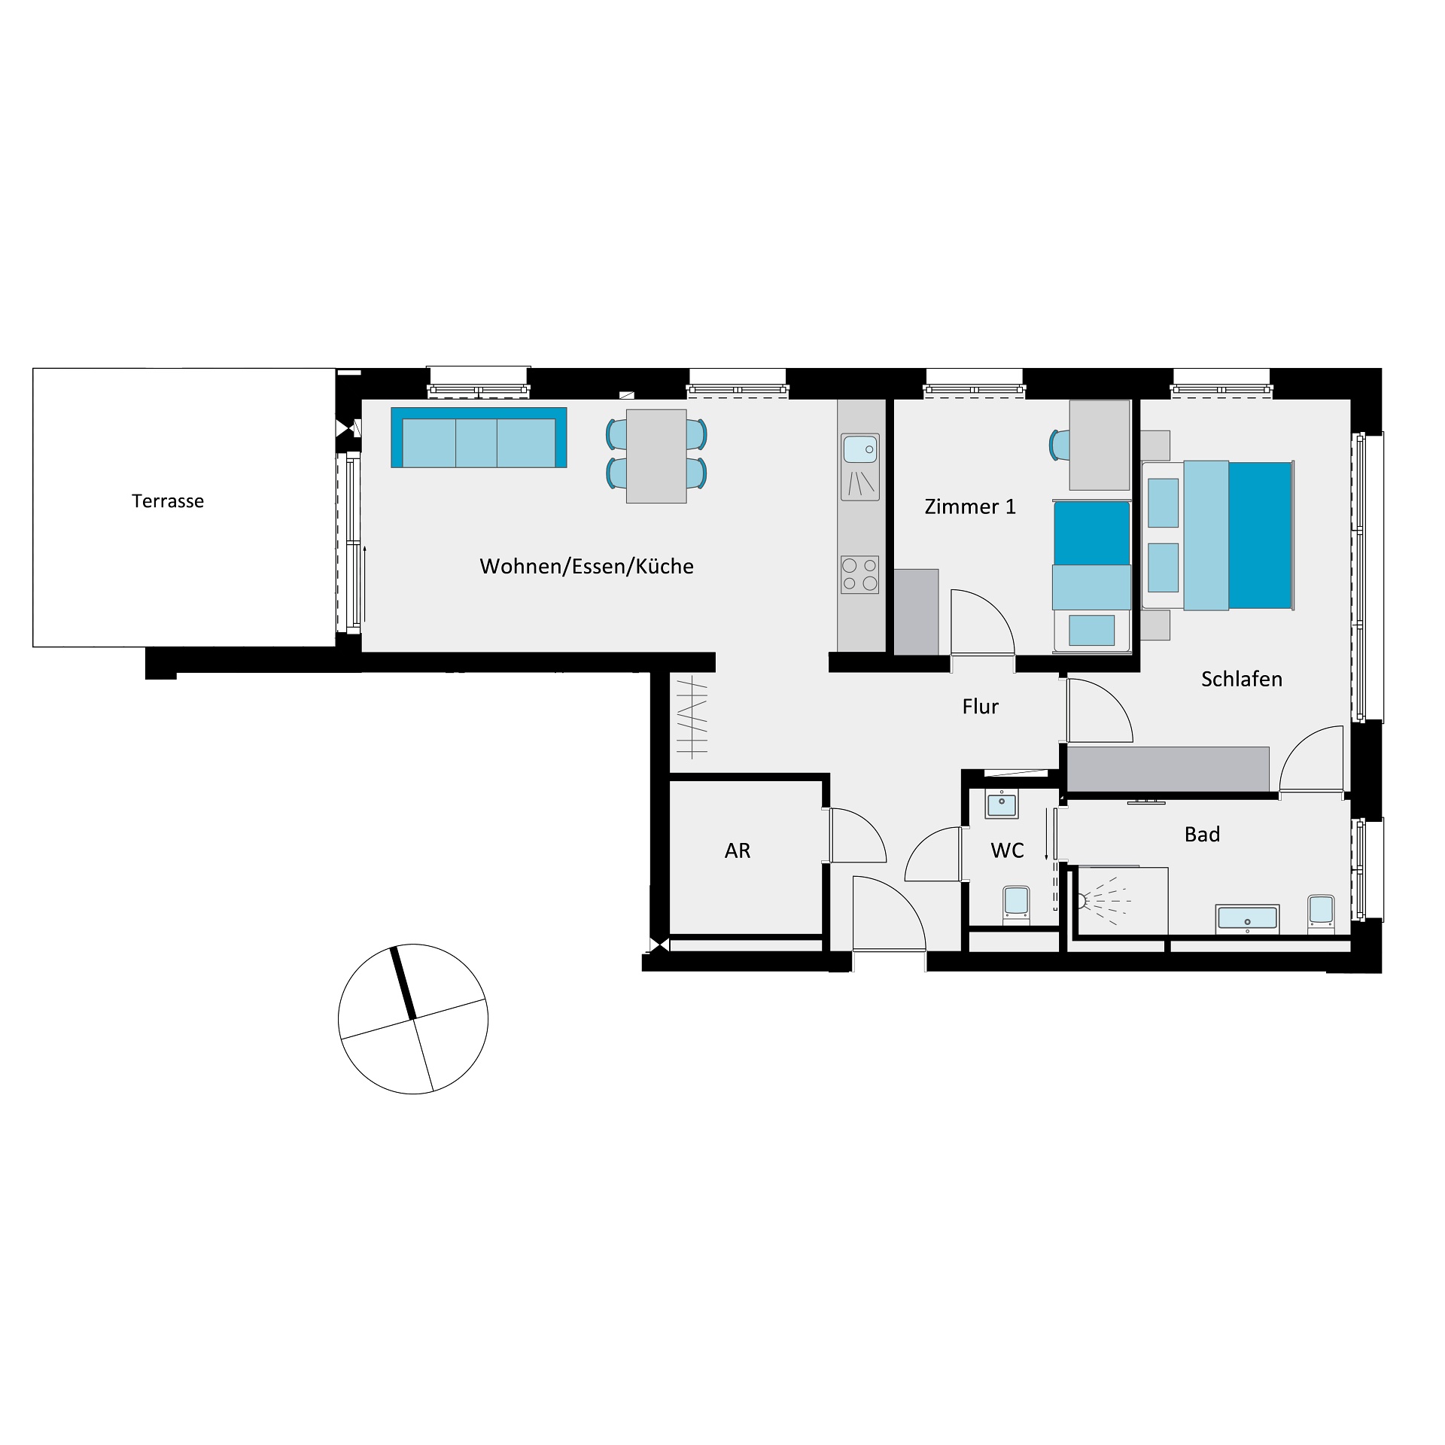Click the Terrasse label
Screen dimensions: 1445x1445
pos(168,501)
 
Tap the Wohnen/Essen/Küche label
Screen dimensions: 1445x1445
pos(587,566)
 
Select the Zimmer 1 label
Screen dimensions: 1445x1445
pos(970,507)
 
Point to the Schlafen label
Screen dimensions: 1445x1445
pos(1242,679)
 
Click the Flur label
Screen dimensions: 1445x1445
pos(981,706)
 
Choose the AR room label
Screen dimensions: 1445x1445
pos(738,850)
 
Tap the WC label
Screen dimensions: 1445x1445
pos(1008,850)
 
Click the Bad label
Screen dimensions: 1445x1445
pos(1203,834)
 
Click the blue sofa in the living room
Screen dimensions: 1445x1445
pos(479,438)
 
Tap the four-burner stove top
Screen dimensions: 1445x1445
pos(860,574)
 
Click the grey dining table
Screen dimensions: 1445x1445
pos(656,456)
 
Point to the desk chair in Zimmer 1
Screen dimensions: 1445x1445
pos(1060,445)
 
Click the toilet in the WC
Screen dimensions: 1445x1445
pos(1016,905)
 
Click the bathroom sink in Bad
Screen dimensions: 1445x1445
pos(1247,918)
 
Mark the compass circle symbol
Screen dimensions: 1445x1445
pos(413,1018)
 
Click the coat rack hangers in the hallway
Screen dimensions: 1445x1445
pos(692,716)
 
